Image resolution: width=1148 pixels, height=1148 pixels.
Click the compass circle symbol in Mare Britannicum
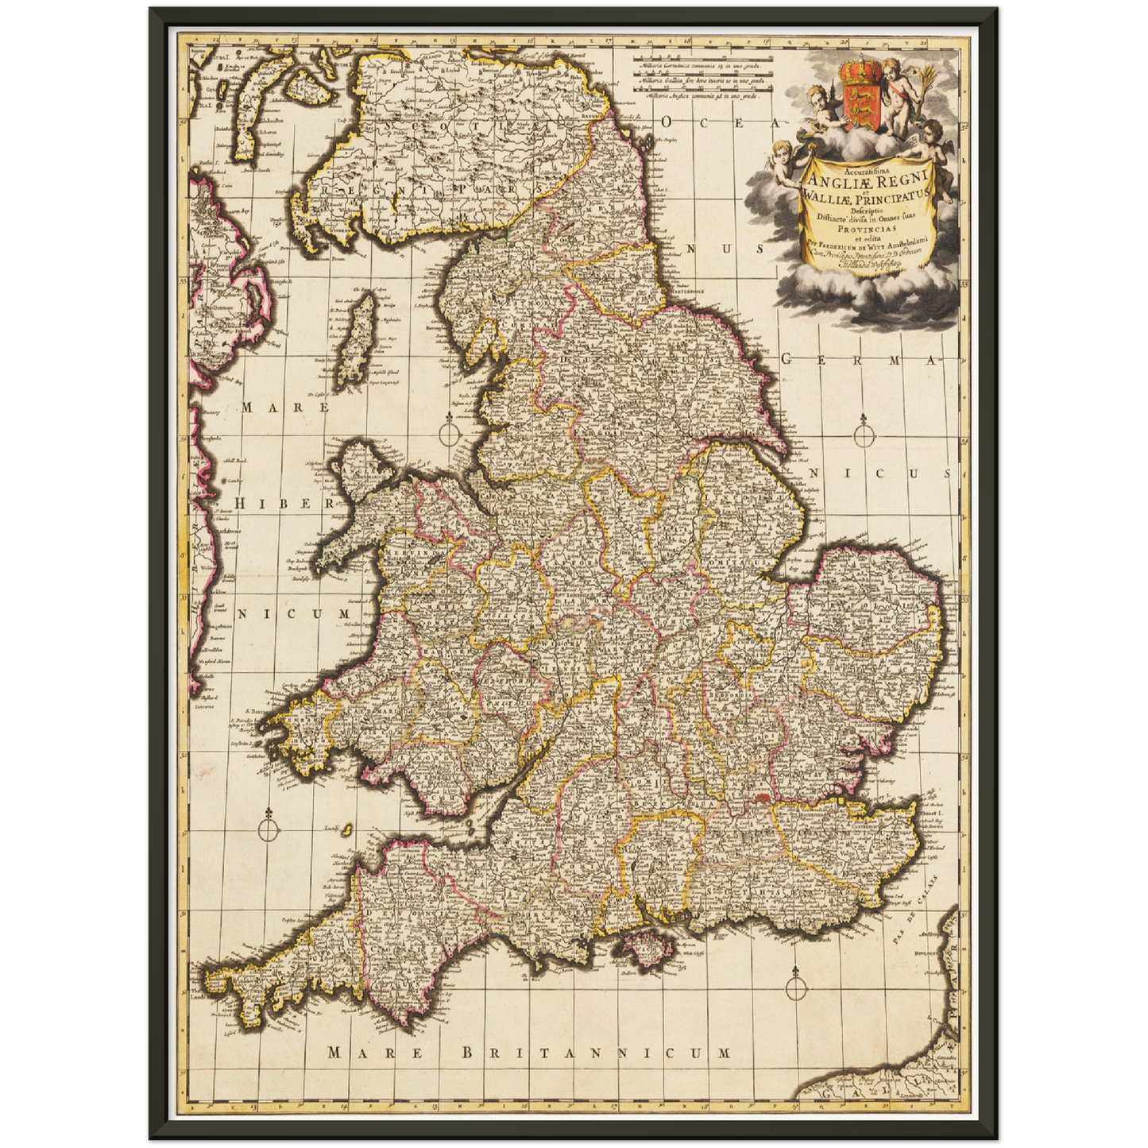point(794,986)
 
